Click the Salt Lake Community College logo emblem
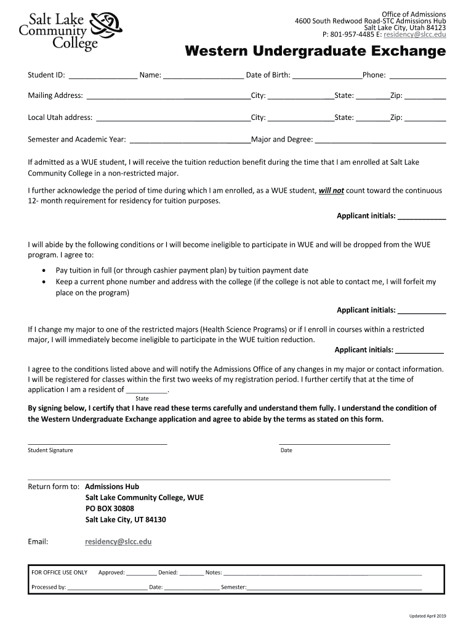click(106, 28)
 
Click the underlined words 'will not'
click(331, 191)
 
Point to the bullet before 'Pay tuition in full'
click(43, 271)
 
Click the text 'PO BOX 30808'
click(110, 509)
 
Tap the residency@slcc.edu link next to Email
click(118, 542)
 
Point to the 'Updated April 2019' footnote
click(428, 616)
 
